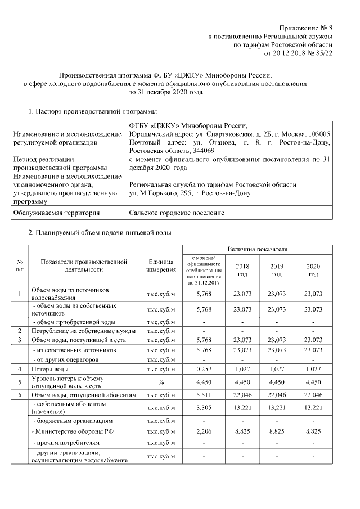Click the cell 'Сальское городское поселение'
point(177,213)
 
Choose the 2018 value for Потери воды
point(242,369)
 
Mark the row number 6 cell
point(20,395)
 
